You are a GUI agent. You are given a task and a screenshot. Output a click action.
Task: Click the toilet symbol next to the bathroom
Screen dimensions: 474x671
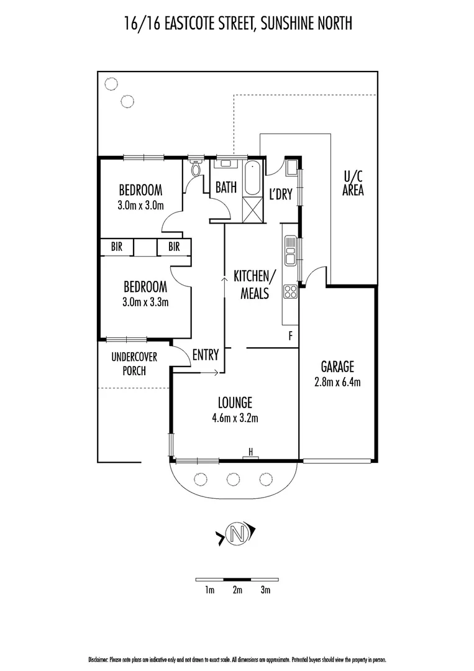pos(196,168)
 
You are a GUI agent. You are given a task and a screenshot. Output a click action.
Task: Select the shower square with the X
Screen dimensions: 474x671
pos(253,209)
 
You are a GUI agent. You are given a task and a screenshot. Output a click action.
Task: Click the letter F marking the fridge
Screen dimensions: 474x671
pos(291,336)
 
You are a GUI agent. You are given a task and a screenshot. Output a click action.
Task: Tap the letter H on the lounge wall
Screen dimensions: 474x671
pos(251,452)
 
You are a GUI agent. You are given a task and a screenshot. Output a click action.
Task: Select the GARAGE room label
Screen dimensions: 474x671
pos(337,367)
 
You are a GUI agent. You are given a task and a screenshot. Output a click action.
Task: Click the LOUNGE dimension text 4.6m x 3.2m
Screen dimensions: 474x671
pos(235,418)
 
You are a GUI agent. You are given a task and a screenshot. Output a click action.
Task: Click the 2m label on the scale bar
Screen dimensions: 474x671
pos(237,590)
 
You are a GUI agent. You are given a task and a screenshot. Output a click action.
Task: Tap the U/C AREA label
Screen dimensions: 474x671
pos(353,183)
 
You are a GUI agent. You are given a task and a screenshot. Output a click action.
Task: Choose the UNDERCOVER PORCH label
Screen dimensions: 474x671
pos(134,363)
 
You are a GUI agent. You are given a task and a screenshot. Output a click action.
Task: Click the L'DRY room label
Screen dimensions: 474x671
pos(281,194)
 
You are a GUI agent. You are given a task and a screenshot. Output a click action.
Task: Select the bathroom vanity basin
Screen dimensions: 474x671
pos(226,163)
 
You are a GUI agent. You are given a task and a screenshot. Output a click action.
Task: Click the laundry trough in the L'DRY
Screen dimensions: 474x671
pos(291,167)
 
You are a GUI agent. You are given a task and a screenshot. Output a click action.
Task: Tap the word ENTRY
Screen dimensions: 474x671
pos(206,355)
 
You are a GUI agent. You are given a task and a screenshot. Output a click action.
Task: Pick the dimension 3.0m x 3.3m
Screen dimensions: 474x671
pos(145,302)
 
